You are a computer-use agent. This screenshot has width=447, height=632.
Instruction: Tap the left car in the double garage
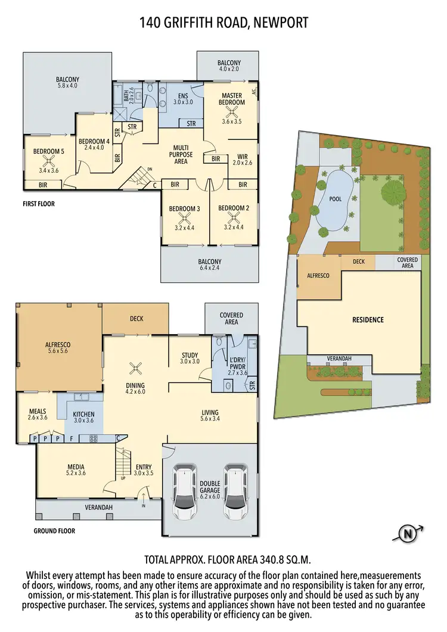[185, 492]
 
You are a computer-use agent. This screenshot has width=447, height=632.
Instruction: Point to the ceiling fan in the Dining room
[135, 368]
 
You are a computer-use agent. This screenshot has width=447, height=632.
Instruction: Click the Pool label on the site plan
[336, 199]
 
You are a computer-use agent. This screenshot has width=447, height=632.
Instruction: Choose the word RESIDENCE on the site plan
[368, 320]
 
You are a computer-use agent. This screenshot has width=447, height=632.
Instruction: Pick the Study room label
[190, 356]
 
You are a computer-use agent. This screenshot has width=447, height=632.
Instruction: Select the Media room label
[76, 466]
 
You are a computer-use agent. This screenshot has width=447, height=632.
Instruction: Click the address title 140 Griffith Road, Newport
[223, 23]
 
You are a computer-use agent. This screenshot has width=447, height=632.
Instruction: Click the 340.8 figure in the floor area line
[267, 560]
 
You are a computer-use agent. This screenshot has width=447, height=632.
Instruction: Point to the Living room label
[210, 412]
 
